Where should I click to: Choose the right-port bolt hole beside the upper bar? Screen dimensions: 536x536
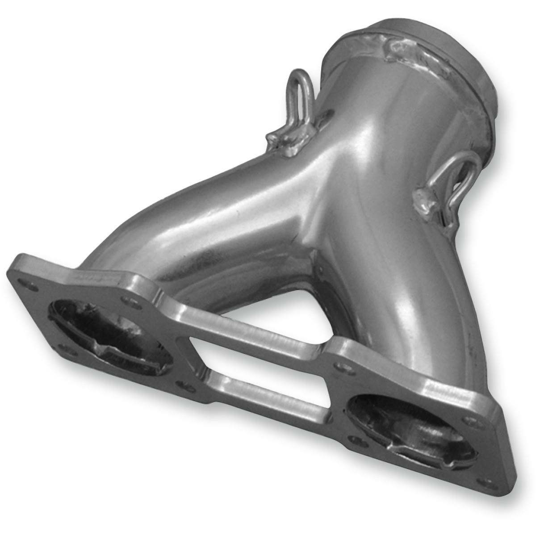[341, 369]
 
